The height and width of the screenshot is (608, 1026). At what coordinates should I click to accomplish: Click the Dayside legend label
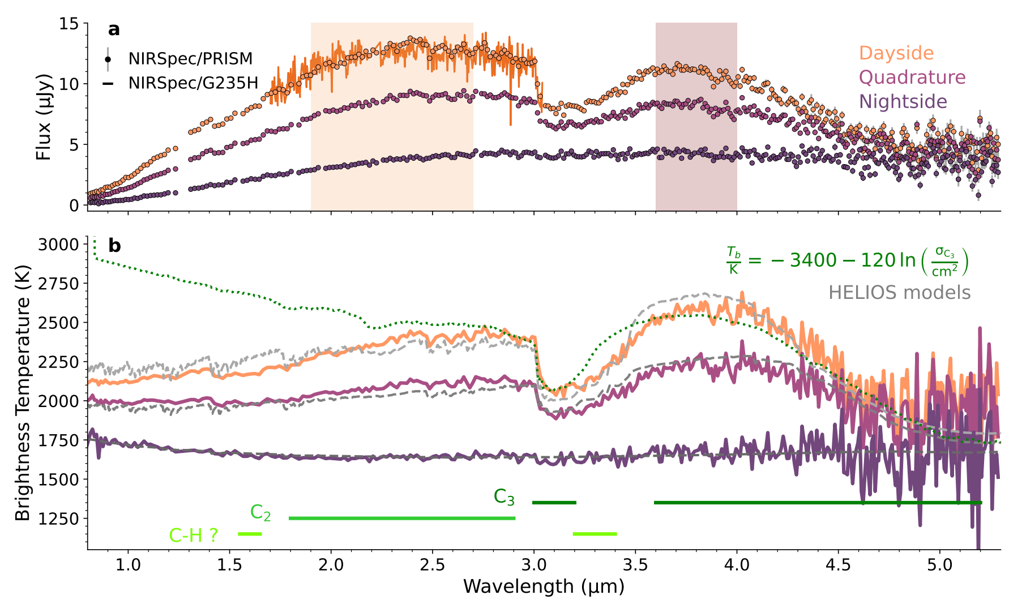[x=896, y=53]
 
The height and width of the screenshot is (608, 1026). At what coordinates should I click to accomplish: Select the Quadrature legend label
[x=912, y=78]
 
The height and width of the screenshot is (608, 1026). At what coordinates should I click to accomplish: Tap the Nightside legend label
[x=903, y=102]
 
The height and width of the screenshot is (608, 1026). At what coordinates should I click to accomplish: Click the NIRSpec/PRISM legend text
[x=190, y=59]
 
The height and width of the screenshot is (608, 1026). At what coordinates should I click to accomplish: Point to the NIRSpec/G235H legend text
[x=193, y=83]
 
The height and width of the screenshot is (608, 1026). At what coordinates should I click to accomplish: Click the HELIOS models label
[x=899, y=293]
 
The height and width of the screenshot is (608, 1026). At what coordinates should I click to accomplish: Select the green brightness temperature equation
[x=847, y=261]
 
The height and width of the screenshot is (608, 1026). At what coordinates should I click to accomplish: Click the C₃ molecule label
[x=504, y=497]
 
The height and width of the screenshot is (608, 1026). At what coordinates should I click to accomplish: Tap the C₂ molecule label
[x=260, y=513]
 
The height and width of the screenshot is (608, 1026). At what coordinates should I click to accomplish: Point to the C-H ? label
[x=194, y=535]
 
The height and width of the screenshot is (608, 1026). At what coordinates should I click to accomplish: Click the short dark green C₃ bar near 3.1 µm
[x=554, y=502]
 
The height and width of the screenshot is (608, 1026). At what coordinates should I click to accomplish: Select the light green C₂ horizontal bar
[x=402, y=518]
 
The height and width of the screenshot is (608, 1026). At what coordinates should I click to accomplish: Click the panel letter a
[x=114, y=29]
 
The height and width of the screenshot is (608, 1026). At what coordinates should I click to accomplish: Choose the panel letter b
[x=114, y=246]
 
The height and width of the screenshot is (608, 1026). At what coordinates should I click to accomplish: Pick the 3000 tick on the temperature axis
[x=58, y=245]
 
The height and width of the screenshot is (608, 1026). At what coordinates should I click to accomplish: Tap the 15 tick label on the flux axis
[x=71, y=24]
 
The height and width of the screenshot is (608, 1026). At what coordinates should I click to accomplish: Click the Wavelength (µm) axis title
[x=544, y=587]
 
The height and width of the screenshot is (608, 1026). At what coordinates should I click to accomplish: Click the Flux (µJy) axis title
[x=44, y=117]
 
